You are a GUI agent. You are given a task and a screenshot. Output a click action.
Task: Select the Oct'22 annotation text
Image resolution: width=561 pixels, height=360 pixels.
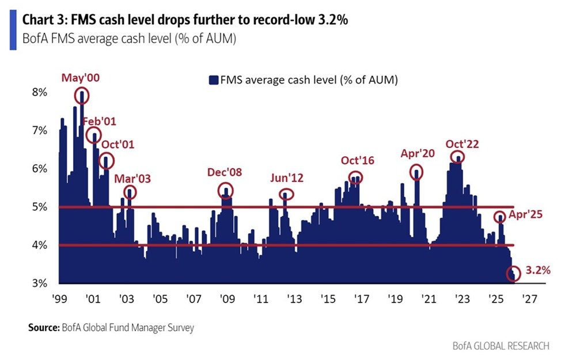[463, 143]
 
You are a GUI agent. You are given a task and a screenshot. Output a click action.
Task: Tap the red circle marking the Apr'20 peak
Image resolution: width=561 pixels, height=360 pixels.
[416, 171]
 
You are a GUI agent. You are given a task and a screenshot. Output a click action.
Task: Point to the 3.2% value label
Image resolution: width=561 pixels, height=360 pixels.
[537, 270]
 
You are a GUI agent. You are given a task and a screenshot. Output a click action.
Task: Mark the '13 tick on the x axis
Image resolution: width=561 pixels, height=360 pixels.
[294, 300]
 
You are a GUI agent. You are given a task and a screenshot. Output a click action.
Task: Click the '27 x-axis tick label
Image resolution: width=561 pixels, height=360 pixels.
[529, 300]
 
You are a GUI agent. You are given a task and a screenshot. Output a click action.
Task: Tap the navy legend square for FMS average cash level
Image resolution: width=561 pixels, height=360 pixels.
[213, 80]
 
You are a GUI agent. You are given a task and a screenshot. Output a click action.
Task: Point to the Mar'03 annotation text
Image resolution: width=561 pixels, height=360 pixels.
[132, 178]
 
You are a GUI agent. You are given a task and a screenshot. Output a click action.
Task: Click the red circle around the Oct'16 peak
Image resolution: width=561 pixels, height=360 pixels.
[355, 177]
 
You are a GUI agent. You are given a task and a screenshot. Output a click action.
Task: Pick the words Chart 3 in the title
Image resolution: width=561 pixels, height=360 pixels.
[41, 19]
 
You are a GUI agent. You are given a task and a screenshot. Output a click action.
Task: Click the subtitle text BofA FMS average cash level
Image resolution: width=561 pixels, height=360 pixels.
[98, 40]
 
